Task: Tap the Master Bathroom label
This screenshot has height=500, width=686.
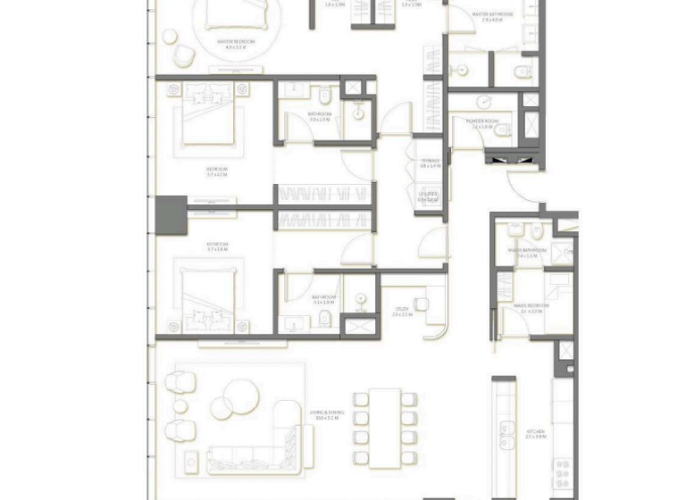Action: coord(492,16)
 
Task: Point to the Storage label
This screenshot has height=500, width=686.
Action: coord(431,163)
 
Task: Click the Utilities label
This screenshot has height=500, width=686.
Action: coord(429,196)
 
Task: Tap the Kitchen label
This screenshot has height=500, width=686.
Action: coord(535,434)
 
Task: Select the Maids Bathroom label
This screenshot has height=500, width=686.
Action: coord(527,252)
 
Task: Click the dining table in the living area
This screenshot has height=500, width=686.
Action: coord(386,427)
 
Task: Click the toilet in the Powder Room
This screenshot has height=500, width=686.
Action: coord(503,131)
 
